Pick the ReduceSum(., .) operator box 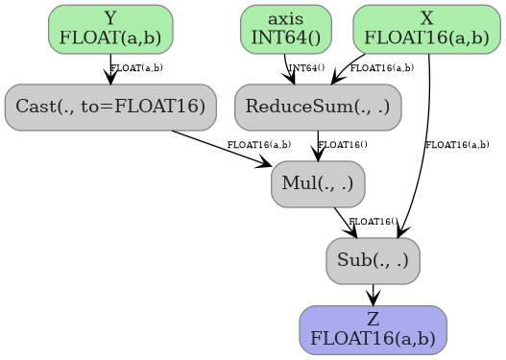(317, 106)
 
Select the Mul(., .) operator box (318, 183)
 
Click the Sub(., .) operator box (373, 260)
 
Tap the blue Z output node (373, 329)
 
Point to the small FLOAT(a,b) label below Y (136, 68)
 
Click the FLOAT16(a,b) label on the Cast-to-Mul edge (258, 145)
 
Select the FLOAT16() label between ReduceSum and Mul (342, 145)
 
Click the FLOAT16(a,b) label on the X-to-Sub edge (457, 145)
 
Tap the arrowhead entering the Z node (373, 300)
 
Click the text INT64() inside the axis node (285, 37)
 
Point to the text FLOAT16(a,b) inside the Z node (373, 339)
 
